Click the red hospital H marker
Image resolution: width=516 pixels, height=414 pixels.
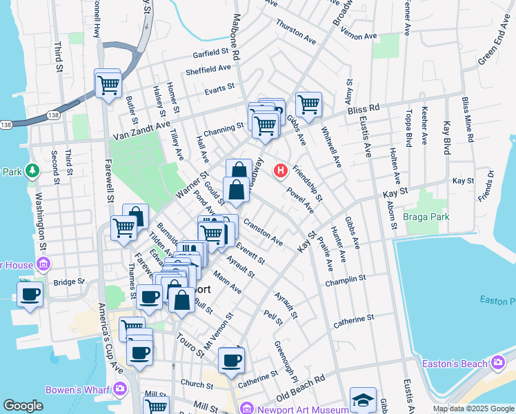pos(281,170)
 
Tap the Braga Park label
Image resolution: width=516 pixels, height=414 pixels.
pos(427,217)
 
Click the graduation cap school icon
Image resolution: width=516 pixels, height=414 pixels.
pos(363,400)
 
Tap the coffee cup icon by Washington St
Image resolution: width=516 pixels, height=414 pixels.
pos(30,294)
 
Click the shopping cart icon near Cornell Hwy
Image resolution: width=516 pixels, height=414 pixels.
pos(108,85)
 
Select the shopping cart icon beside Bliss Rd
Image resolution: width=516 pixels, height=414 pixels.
pos(308,105)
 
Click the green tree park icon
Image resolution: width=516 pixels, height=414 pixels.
pos(31,170)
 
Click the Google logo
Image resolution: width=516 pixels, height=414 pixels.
pos(23,406)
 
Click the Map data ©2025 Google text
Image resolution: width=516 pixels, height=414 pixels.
pos(473,408)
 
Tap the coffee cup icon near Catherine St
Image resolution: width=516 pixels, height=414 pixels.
pos(231,359)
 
